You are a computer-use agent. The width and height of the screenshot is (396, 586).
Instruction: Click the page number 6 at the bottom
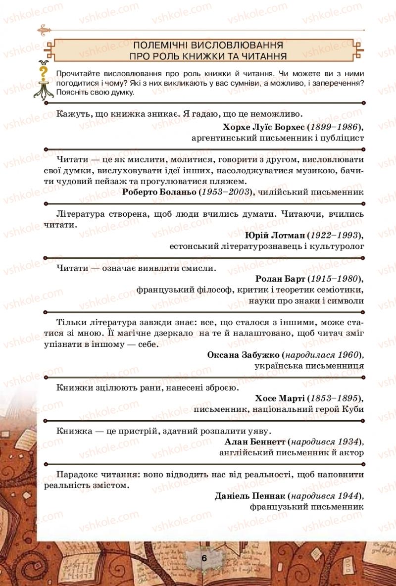tap(204, 557)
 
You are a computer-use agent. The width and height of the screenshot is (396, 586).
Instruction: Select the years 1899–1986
tap(334, 127)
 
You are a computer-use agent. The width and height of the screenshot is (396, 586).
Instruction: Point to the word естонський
tap(194, 245)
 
